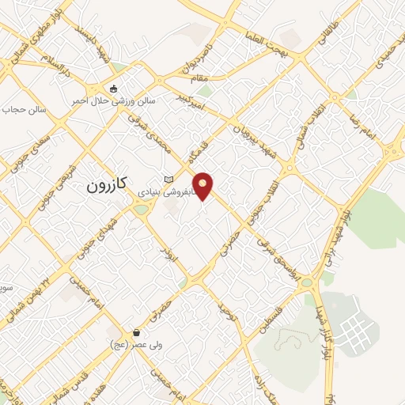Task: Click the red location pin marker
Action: [x=205, y=185]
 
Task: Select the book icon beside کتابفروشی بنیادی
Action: [x=168, y=179]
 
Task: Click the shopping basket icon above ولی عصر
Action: [x=138, y=332]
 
